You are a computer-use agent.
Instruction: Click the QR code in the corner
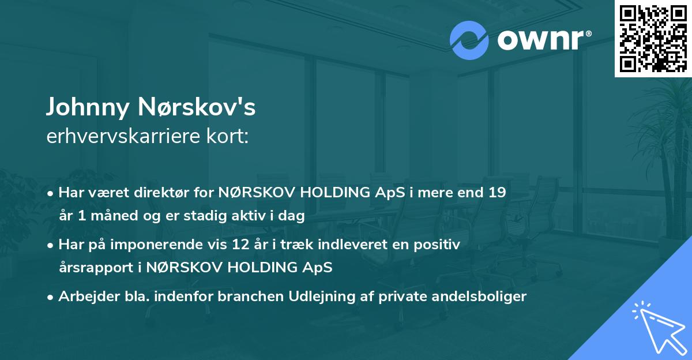point(653,38)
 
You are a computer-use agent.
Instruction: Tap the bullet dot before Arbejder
point(51,297)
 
